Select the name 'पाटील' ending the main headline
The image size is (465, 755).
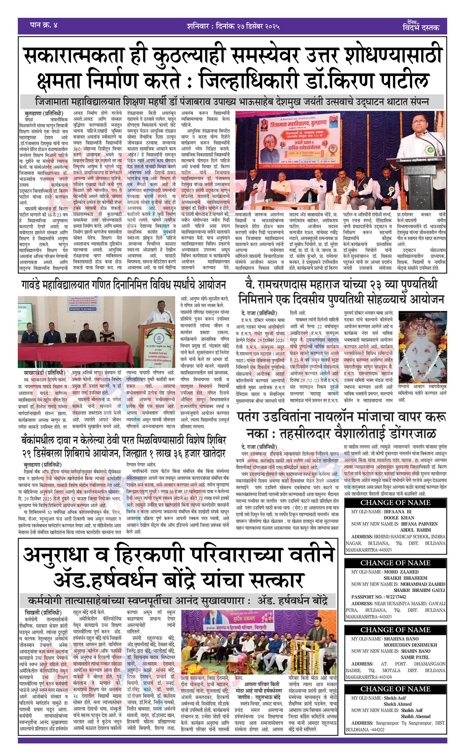(404, 81)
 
